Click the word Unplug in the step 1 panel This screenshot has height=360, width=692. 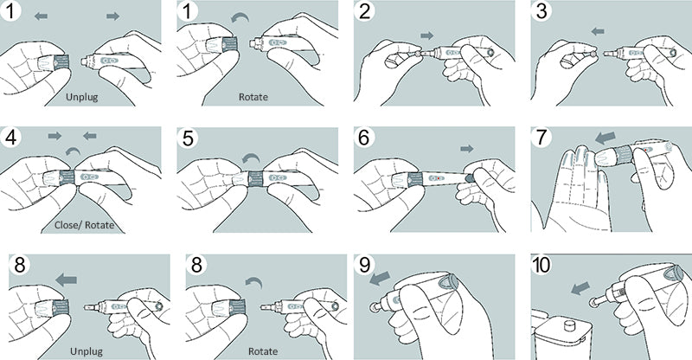[81, 97]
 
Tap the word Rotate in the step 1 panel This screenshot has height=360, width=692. [253, 97]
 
